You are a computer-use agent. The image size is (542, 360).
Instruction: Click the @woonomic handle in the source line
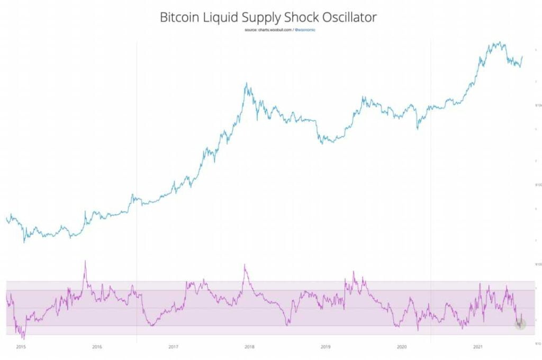pyautogui.click(x=304, y=30)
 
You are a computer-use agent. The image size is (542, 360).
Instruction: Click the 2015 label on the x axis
pyautogui.click(x=21, y=347)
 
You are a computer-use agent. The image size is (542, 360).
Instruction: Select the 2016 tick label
pyautogui.click(x=97, y=347)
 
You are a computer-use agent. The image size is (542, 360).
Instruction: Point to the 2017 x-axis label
pyautogui.click(x=173, y=347)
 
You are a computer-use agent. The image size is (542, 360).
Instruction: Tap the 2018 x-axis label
pyautogui.click(x=249, y=347)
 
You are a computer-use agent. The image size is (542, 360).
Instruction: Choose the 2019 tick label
pyautogui.click(x=326, y=347)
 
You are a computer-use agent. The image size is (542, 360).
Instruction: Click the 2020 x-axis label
pyautogui.click(x=402, y=347)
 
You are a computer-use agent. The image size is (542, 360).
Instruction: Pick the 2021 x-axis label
pyautogui.click(x=478, y=347)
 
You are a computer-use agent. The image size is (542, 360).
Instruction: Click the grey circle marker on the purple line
pyautogui.click(x=520, y=324)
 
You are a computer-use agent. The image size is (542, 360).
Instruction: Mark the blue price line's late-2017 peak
pyautogui.click(x=246, y=84)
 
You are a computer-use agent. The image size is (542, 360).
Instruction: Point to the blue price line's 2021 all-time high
pyautogui.click(x=497, y=42)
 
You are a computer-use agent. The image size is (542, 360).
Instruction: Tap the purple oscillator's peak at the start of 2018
pyautogui.click(x=245, y=265)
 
